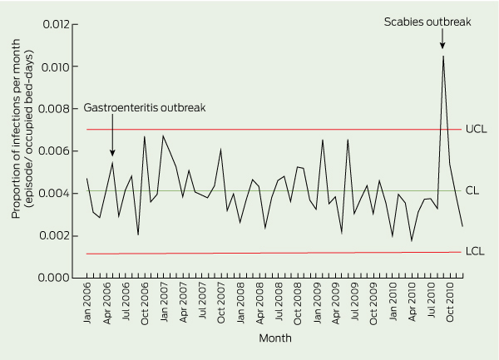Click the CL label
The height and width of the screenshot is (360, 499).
tap(472, 190)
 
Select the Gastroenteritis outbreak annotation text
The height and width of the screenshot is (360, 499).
tap(144, 108)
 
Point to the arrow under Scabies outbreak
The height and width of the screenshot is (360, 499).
tap(442, 39)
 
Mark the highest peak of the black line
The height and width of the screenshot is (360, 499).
tap(442, 56)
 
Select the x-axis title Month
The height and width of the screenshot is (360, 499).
tap(274, 338)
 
